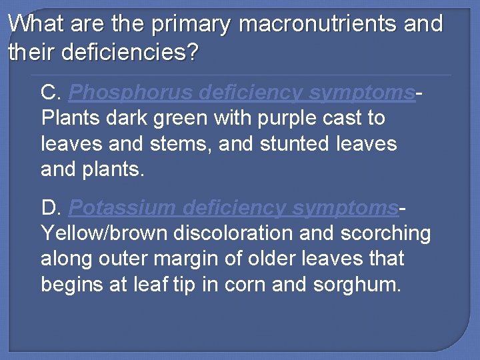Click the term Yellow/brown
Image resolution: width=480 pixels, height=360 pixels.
click(105, 234)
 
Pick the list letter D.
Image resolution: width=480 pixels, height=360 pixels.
click(51, 208)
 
